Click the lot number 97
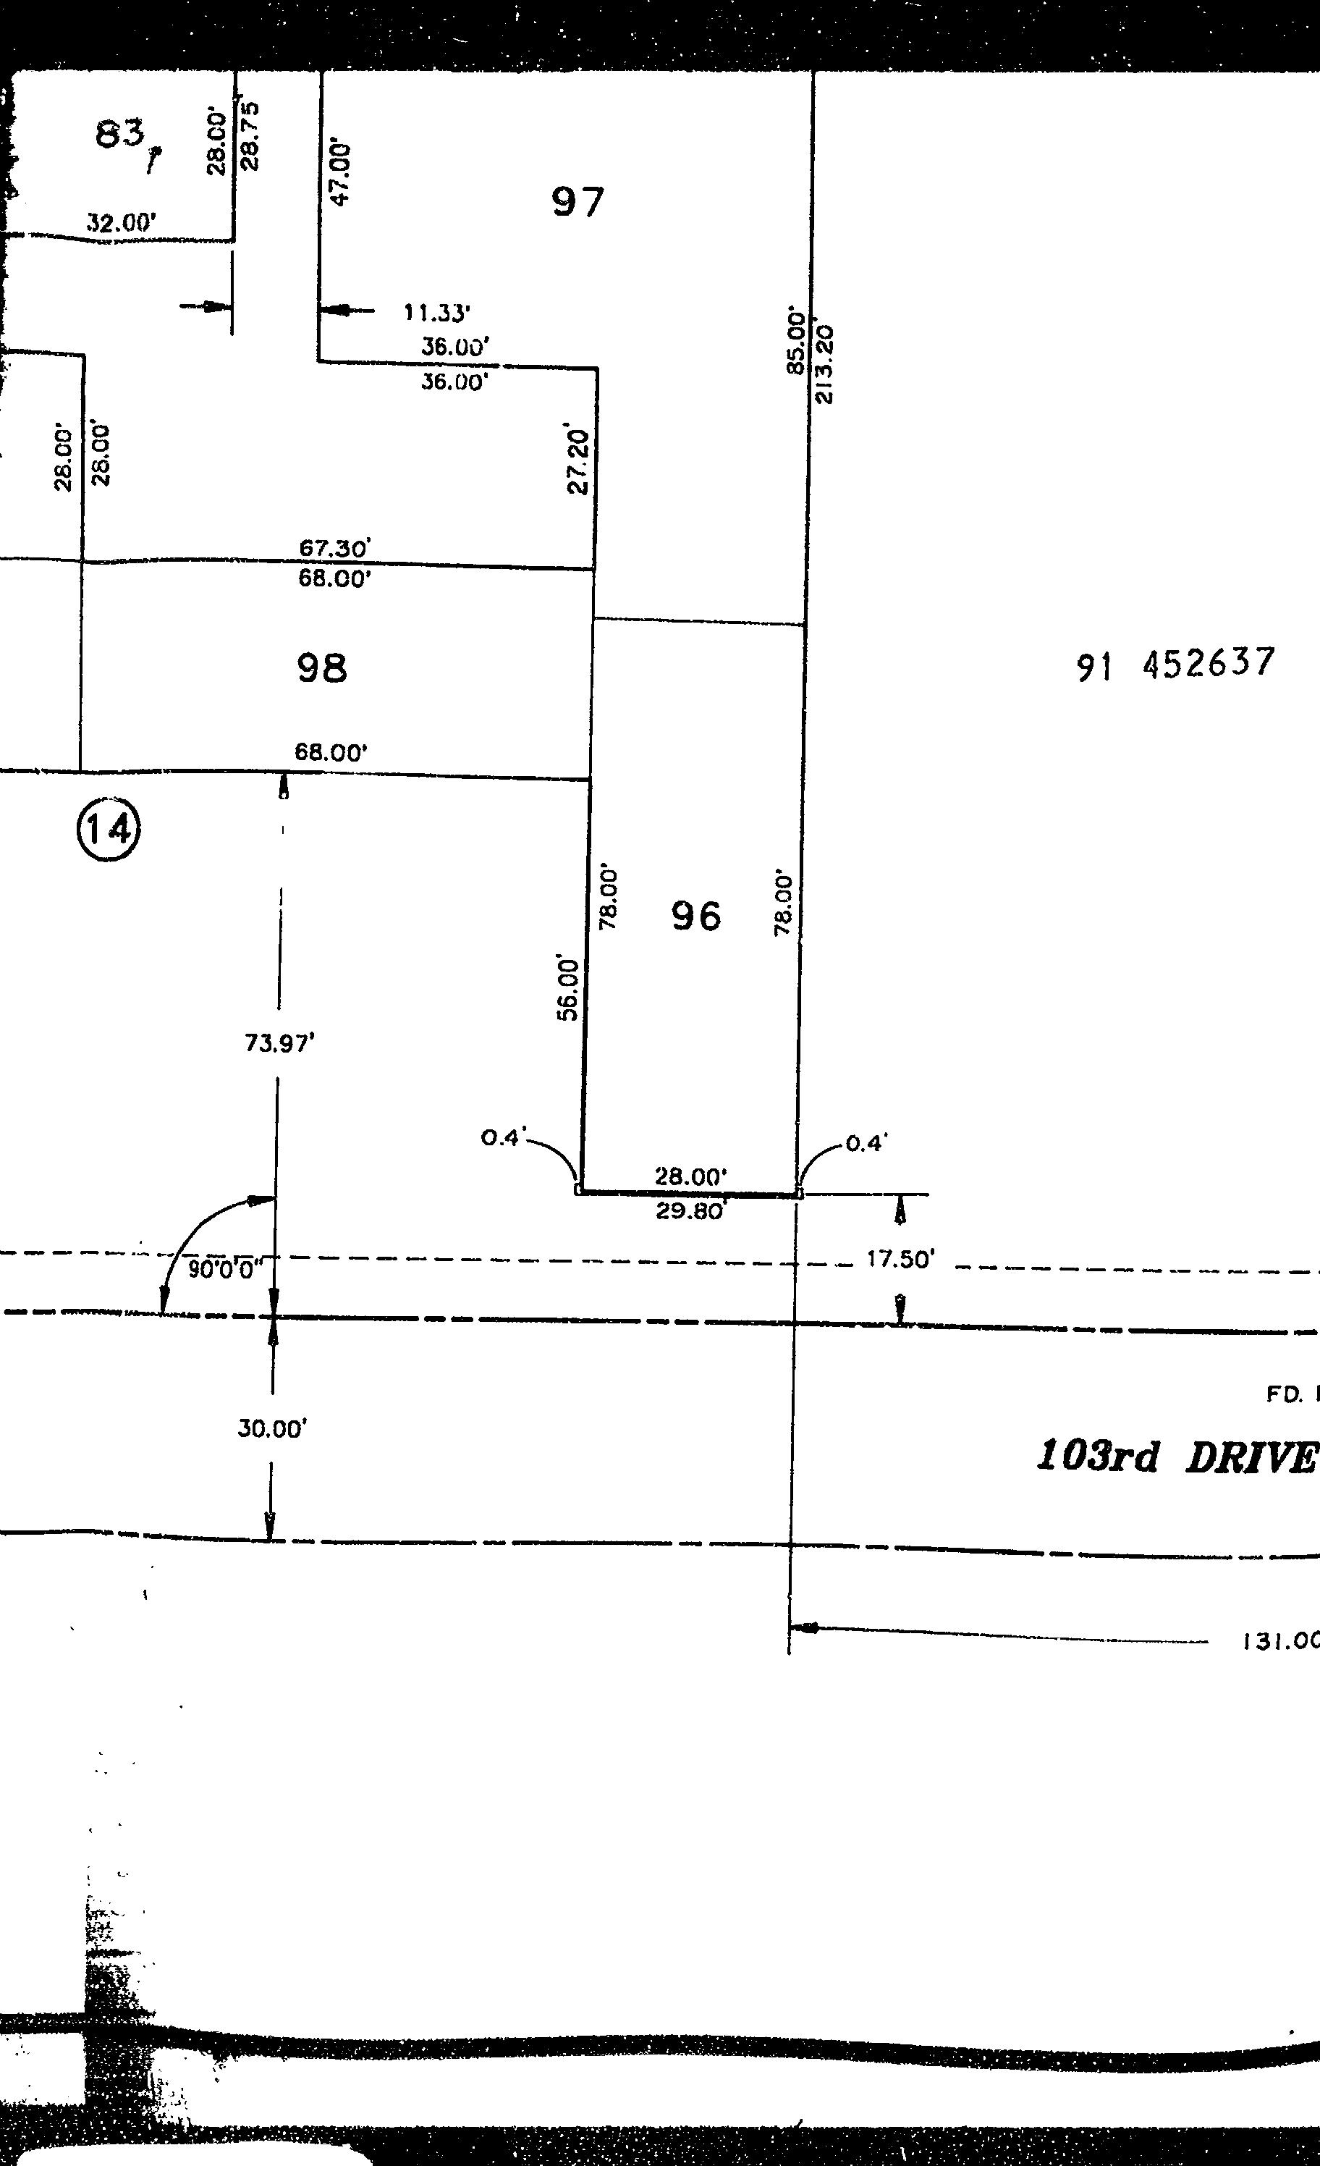pyautogui.click(x=577, y=202)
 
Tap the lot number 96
pyautogui.click(x=696, y=916)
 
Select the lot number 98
pyautogui.click(x=321, y=668)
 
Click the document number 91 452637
pyautogui.click(x=1175, y=664)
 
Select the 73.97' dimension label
pyautogui.click(x=279, y=1043)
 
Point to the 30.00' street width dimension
pyautogui.click(x=271, y=1428)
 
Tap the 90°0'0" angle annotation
pyautogui.click(x=226, y=1269)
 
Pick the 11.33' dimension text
pyautogui.click(x=437, y=312)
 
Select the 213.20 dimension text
pyautogui.click(x=825, y=364)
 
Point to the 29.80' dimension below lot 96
pyautogui.click(x=691, y=1212)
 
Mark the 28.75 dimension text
pyautogui.click(x=250, y=136)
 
